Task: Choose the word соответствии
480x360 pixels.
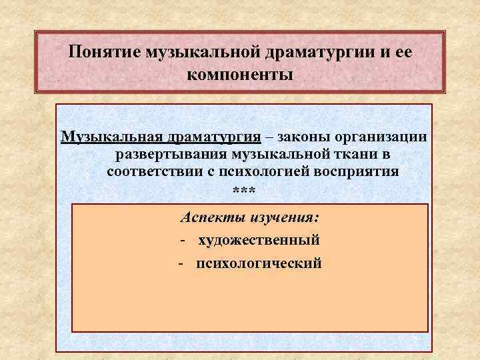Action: tap(149, 171)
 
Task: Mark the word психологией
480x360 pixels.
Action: tap(251, 171)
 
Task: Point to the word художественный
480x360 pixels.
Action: tap(259, 240)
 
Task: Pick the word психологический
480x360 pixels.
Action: tap(259, 263)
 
